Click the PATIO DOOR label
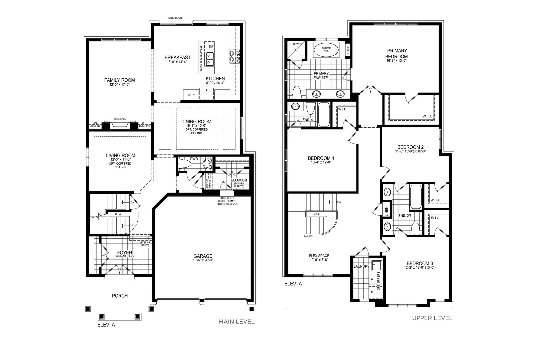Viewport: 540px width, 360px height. (175, 18)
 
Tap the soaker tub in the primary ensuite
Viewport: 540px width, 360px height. (326, 50)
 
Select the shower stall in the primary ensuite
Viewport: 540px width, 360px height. (296, 50)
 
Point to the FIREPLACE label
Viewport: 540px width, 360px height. (120, 119)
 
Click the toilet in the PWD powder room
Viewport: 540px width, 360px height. (185, 164)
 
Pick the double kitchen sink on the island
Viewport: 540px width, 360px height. (209, 59)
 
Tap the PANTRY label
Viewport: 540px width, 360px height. (191, 95)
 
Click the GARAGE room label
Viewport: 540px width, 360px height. (203, 256)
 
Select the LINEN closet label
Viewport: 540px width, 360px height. (387, 211)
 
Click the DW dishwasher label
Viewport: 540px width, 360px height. (211, 47)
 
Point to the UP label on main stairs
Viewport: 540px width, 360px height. (132, 225)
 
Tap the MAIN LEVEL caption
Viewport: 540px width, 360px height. (236, 322)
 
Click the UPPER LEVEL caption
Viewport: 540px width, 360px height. (432, 318)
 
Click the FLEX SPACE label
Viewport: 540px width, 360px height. (319, 256)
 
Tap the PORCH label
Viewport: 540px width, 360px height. (120, 296)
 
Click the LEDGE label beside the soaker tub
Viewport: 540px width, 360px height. (348, 50)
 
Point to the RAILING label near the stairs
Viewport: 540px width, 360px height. (308, 237)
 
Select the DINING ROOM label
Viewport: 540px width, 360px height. (196, 122)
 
